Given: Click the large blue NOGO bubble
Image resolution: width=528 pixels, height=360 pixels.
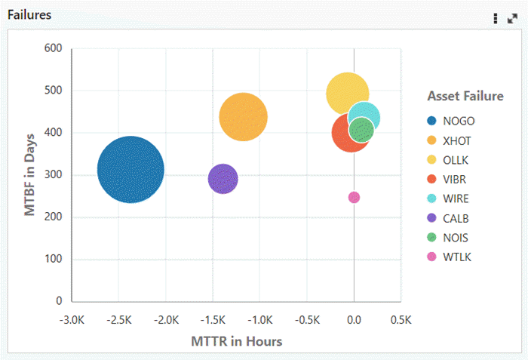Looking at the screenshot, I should (x=130, y=170).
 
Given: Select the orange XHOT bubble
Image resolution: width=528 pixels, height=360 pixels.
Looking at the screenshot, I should (x=243, y=117).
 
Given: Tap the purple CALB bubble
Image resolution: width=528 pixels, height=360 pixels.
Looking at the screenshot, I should (x=223, y=179).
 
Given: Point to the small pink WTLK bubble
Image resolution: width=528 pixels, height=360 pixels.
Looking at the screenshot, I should (x=354, y=198).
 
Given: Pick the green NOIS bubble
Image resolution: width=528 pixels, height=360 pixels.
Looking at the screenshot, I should (x=362, y=131).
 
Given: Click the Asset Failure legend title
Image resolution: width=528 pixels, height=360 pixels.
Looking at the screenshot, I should (x=465, y=96).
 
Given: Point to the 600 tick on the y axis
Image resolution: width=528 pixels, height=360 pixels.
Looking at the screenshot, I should (x=53, y=48).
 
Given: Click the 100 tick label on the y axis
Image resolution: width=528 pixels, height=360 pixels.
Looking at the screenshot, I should (x=53, y=259).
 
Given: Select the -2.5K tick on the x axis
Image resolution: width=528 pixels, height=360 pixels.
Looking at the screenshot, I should (x=119, y=319).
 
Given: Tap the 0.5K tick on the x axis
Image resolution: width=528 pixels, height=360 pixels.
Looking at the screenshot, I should (x=401, y=319).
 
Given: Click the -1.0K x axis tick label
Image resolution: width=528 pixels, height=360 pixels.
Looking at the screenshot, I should (x=259, y=319).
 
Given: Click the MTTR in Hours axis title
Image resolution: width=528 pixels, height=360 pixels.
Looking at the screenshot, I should (x=236, y=341).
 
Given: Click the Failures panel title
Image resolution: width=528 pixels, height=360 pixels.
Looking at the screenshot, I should (x=29, y=15).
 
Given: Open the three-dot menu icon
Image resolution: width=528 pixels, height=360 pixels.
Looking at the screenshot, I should (x=496, y=18).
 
